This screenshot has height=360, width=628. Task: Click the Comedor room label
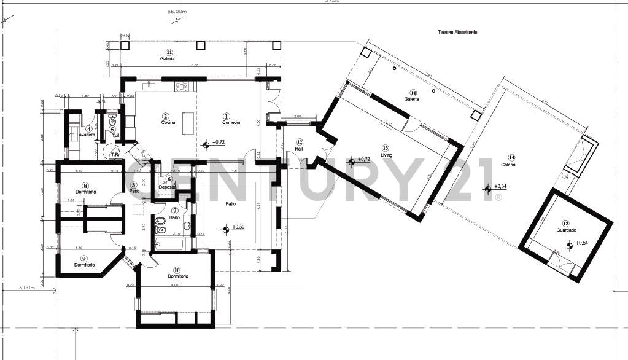(231, 122)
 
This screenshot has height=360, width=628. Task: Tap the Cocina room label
(168, 122)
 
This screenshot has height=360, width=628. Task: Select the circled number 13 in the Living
(385, 148)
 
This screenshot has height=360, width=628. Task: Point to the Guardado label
(566, 230)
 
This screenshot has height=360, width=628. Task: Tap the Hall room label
(299, 149)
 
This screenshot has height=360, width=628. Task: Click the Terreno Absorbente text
(457, 32)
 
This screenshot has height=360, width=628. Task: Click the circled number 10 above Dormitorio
(176, 269)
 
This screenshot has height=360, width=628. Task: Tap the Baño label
(174, 217)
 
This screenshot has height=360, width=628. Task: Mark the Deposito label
(168, 186)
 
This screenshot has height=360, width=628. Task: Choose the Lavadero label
(86, 134)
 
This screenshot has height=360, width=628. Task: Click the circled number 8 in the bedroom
(86, 185)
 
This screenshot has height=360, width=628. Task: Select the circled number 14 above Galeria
(508, 157)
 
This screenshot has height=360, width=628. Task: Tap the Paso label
(134, 191)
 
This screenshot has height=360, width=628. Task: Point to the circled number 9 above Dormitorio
(84, 258)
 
